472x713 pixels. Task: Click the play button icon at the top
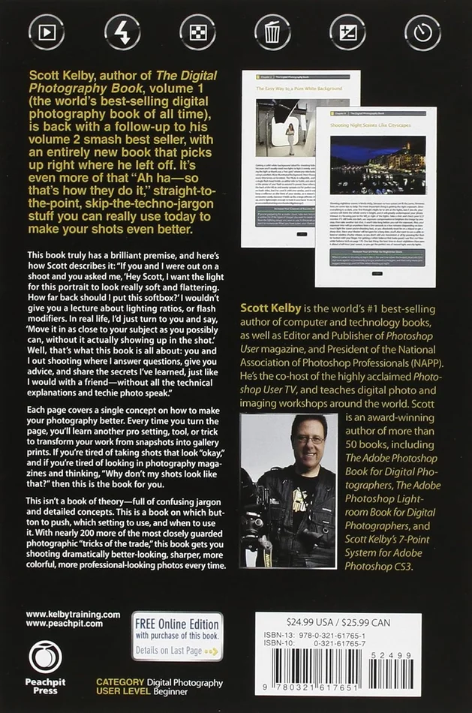(47, 32)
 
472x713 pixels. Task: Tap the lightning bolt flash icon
(122, 32)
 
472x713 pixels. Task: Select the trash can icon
(272, 32)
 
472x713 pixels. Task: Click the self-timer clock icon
(422, 32)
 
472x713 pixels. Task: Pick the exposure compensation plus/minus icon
(347, 32)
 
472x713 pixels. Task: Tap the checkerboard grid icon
(197, 32)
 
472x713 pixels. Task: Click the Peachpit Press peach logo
(45, 657)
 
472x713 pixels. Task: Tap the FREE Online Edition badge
(177, 636)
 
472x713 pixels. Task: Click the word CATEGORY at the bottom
(122, 682)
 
